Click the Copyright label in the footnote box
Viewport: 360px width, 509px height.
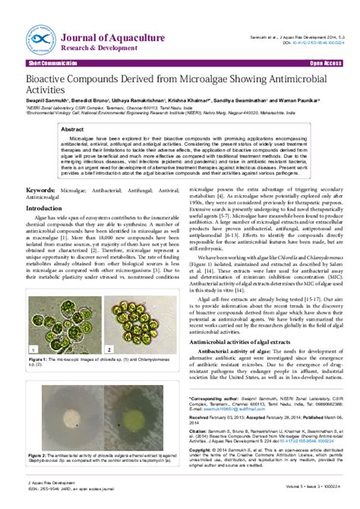coord(202,451)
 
